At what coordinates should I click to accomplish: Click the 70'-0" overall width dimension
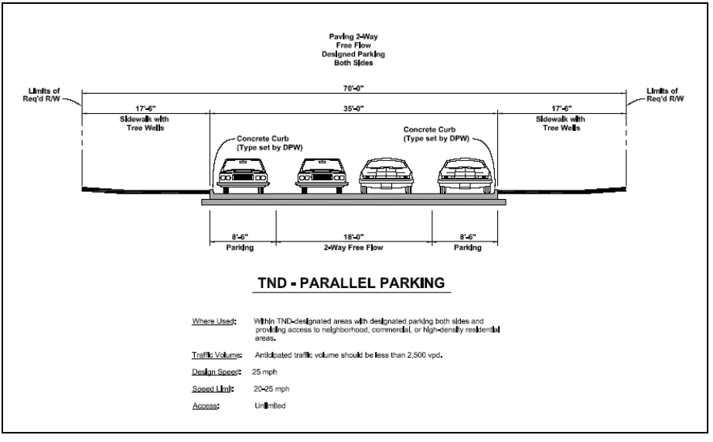354,88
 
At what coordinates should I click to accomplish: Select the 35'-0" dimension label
354,109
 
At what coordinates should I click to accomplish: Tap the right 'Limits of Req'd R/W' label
664,95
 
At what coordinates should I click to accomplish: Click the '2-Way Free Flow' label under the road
354,248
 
